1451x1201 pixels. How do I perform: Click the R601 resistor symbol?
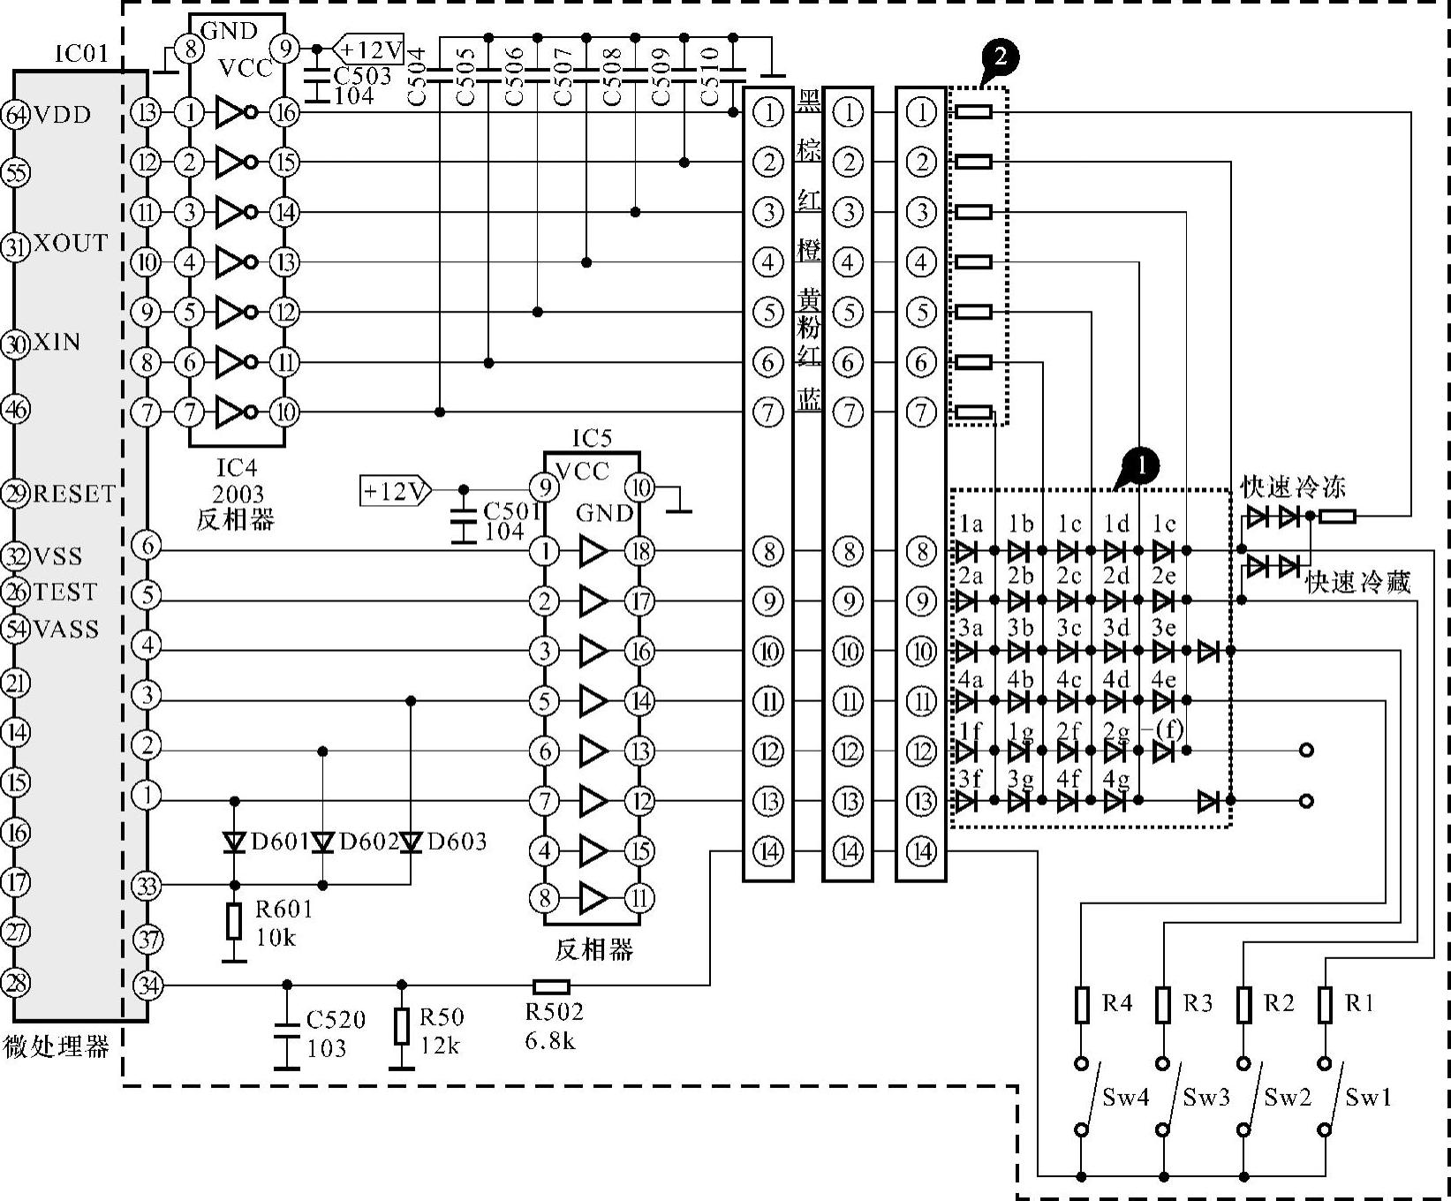(x=234, y=921)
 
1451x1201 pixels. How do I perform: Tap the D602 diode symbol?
(x=323, y=842)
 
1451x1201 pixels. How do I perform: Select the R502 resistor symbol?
(x=551, y=986)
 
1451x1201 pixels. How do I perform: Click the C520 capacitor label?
(x=336, y=1020)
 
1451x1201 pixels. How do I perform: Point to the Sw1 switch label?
(x=1368, y=1098)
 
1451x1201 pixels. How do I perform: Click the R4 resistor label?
(x=1117, y=1003)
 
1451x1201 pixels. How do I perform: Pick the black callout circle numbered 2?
(x=1000, y=58)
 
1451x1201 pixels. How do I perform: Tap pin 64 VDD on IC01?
(x=15, y=115)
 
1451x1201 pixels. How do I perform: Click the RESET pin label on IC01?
(x=74, y=494)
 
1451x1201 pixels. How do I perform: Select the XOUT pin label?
(x=71, y=244)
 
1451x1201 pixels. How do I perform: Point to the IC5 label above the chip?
(x=592, y=438)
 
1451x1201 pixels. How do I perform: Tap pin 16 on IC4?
(x=284, y=113)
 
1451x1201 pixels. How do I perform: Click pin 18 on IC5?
(x=640, y=552)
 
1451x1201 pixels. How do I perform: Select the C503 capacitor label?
(x=362, y=76)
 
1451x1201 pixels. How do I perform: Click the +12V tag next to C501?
(x=394, y=490)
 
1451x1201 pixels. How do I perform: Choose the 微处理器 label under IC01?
(x=57, y=1047)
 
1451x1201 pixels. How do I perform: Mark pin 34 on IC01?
(x=147, y=985)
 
